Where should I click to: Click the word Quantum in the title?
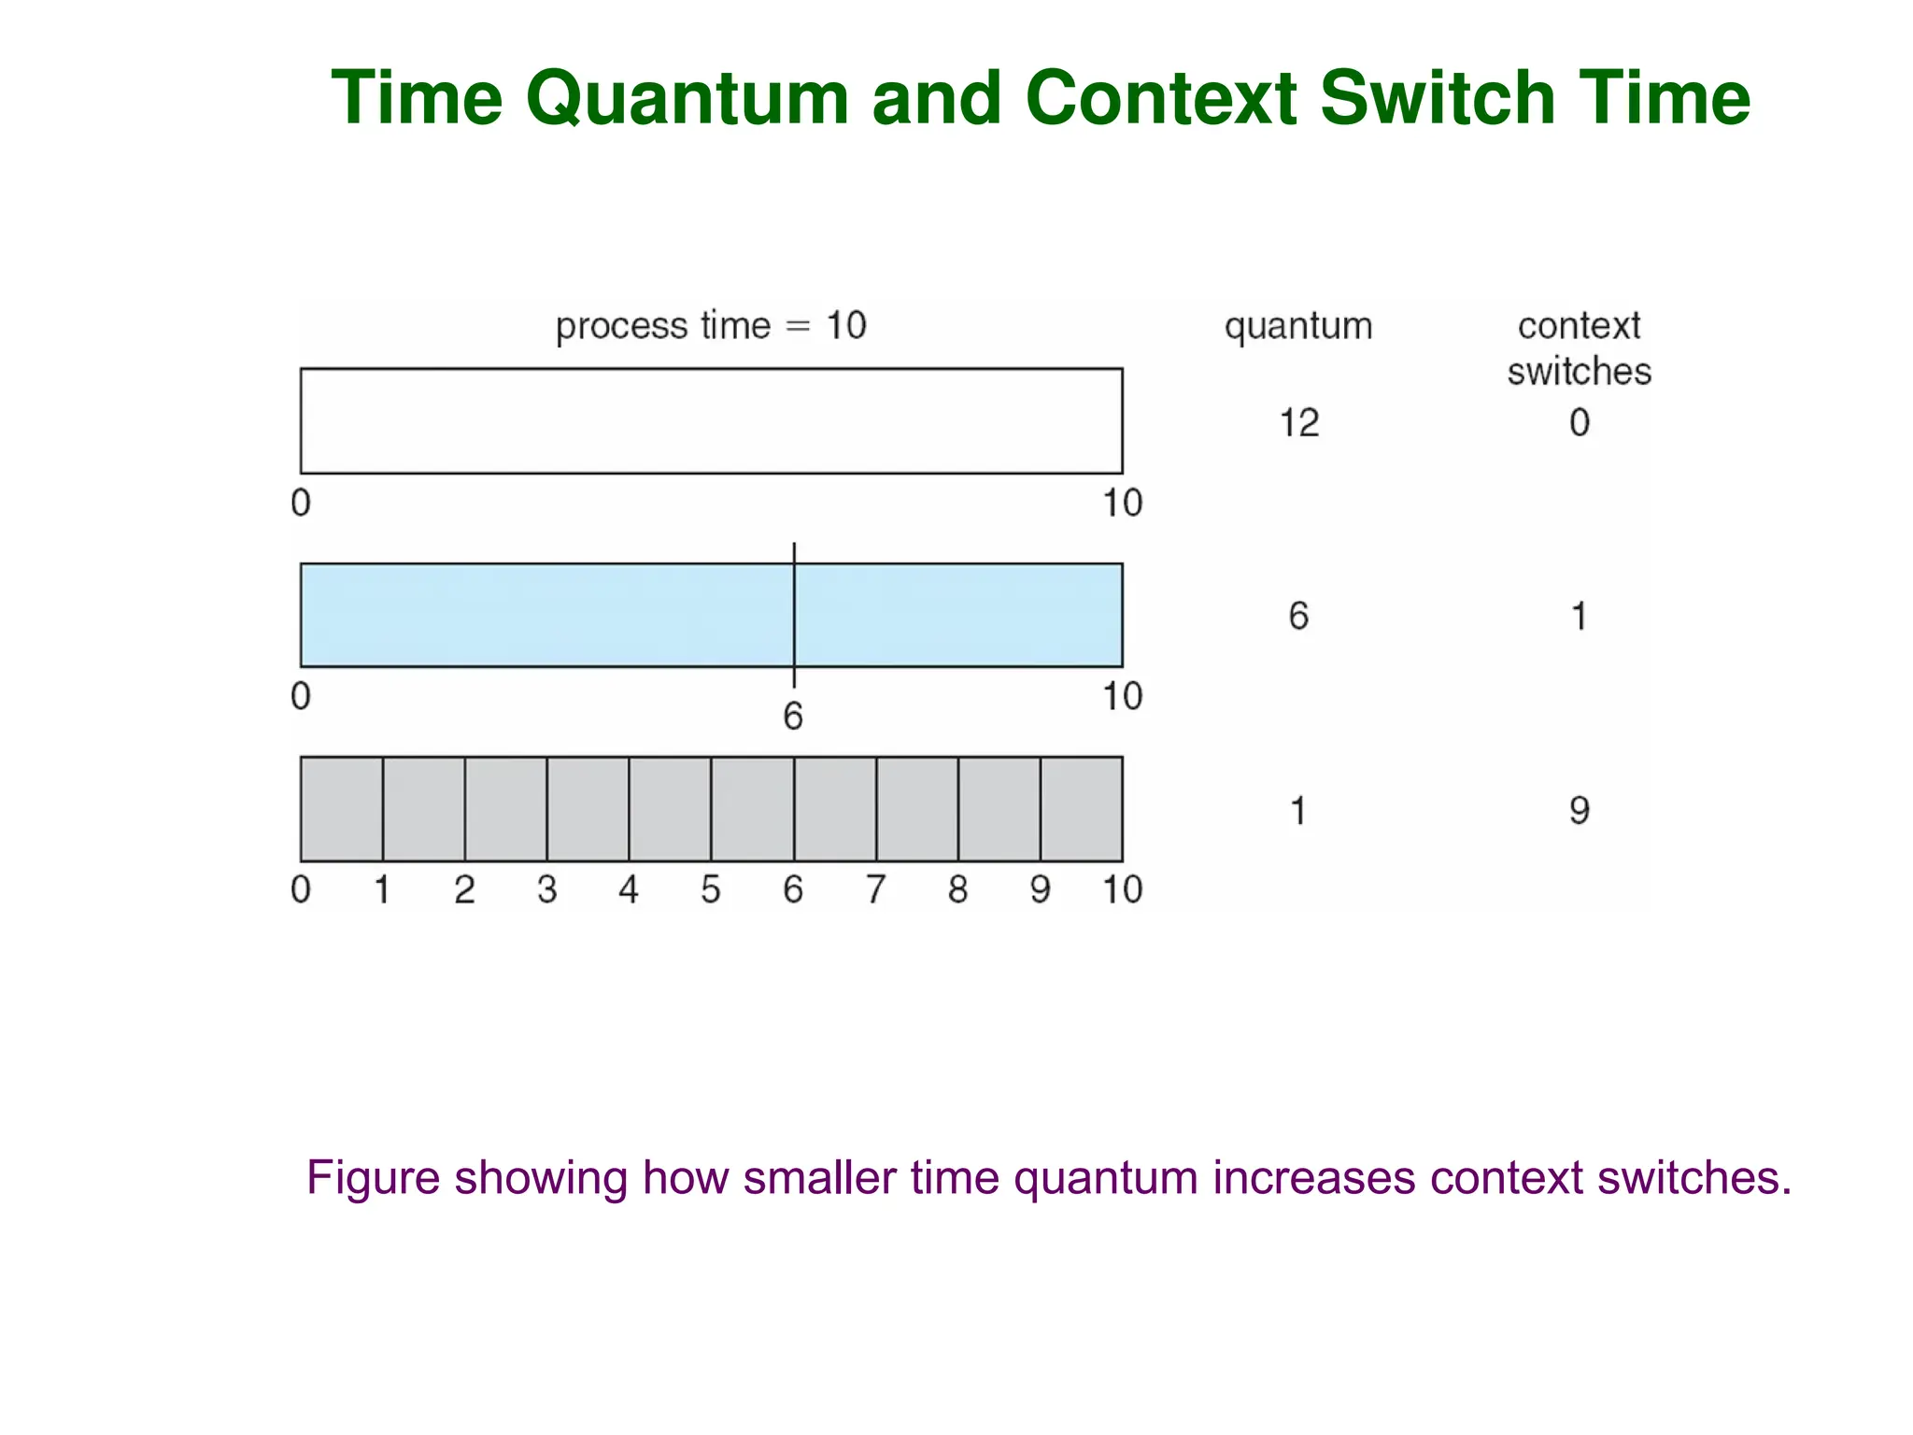pyautogui.click(x=687, y=99)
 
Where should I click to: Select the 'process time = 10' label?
pyautogui.click(x=711, y=326)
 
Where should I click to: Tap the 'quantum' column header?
pyautogui.click(x=1298, y=326)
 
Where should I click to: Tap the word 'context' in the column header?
pyautogui.click(x=1579, y=326)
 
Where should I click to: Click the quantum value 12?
pyautogui.click(x=1298, y=423)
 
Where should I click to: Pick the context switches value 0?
pyautogui.click(x=1579, y=423)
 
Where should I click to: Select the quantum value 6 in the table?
pyautogui.click(x=1298, y=617)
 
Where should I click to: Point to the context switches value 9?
pyautogui.click(x=1579, y=810)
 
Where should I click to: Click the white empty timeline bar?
pyautogui.click(x=711, y=420)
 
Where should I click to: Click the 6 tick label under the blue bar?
pyautogui.click(x=793, y=717)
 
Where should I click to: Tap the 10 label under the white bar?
pyautogui.click(x=1122, y=504)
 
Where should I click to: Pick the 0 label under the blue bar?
pyautogui.click(x=301, y=696)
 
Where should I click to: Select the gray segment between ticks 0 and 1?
pyautogui.click(x=342, y=809)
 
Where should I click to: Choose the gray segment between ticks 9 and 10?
pyautogui.click(x=1082, y=809)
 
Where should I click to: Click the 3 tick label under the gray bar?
pyautogui.click(x=547, y=889)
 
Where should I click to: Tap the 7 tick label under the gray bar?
pyautogui.click(x=875, y=889)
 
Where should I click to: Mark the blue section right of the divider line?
pyautogui.click(x=958, y=615)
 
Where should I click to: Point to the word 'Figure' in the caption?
pyautogui.click(x=373, y=1177)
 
